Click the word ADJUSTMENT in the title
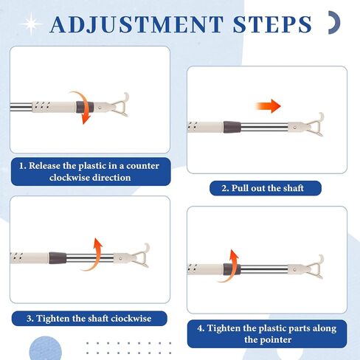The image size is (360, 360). point(136,24)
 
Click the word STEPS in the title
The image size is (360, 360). point(272,24)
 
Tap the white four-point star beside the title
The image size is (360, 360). point(32,24)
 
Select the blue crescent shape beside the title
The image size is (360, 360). point(336,22)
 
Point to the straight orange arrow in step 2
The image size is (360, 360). point(268,106)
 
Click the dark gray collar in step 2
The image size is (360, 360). point(232,127)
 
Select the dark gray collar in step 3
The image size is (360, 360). point(58,258)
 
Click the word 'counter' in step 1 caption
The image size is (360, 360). point(142,166)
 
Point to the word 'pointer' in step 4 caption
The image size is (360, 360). point(276,340)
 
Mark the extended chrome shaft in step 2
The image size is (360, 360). point(264,127)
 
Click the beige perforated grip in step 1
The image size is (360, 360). point(54,107)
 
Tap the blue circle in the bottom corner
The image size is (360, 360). point(46,349)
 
